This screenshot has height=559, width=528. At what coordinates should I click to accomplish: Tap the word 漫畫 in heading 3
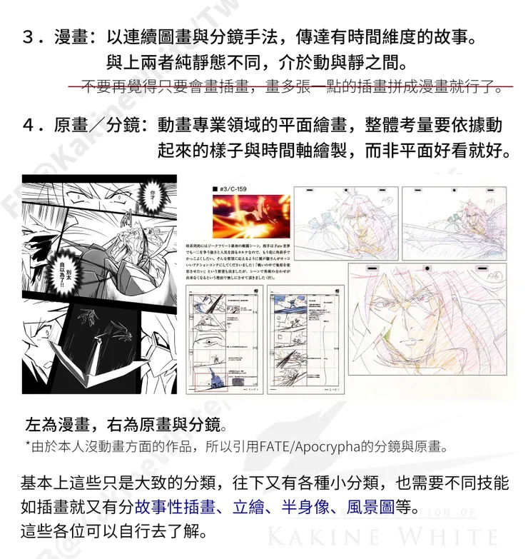pos(70,36)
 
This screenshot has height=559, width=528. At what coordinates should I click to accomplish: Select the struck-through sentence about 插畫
pos(290,87)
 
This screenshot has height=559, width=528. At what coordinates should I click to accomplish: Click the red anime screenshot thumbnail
pos(247,216)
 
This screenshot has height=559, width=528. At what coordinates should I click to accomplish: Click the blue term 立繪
pos(248,506)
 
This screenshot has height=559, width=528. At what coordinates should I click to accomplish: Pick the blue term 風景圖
pos(372,506)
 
